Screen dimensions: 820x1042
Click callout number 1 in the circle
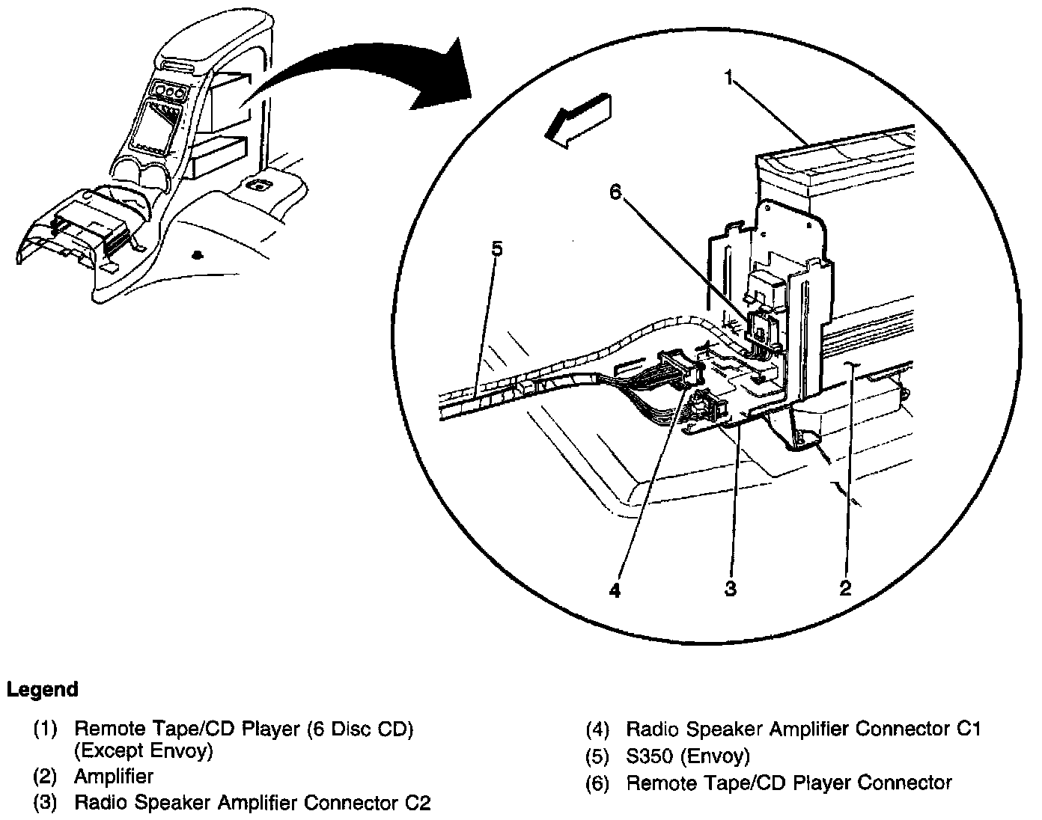(x=728, y=77)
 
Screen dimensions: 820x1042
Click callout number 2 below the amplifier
(x=845, y=588)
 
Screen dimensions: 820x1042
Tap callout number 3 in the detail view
(x=731, y=588)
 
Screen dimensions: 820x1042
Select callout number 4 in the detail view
(x=615, y=590)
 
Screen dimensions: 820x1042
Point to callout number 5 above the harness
(x=496, y=248)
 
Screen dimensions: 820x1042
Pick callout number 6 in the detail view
(x=615, y=192)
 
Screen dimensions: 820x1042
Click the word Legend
(x=42, y=689)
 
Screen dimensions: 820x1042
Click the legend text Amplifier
(x=114, y=777)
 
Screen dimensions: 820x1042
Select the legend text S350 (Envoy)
(x=687, y=756)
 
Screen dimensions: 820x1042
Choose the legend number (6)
(x=597, y=783)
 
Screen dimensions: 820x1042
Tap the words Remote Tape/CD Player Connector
(x=789, y=783)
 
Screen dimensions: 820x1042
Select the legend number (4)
(x=597, y=729)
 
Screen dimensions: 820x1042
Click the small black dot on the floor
(x=197, y=255)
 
